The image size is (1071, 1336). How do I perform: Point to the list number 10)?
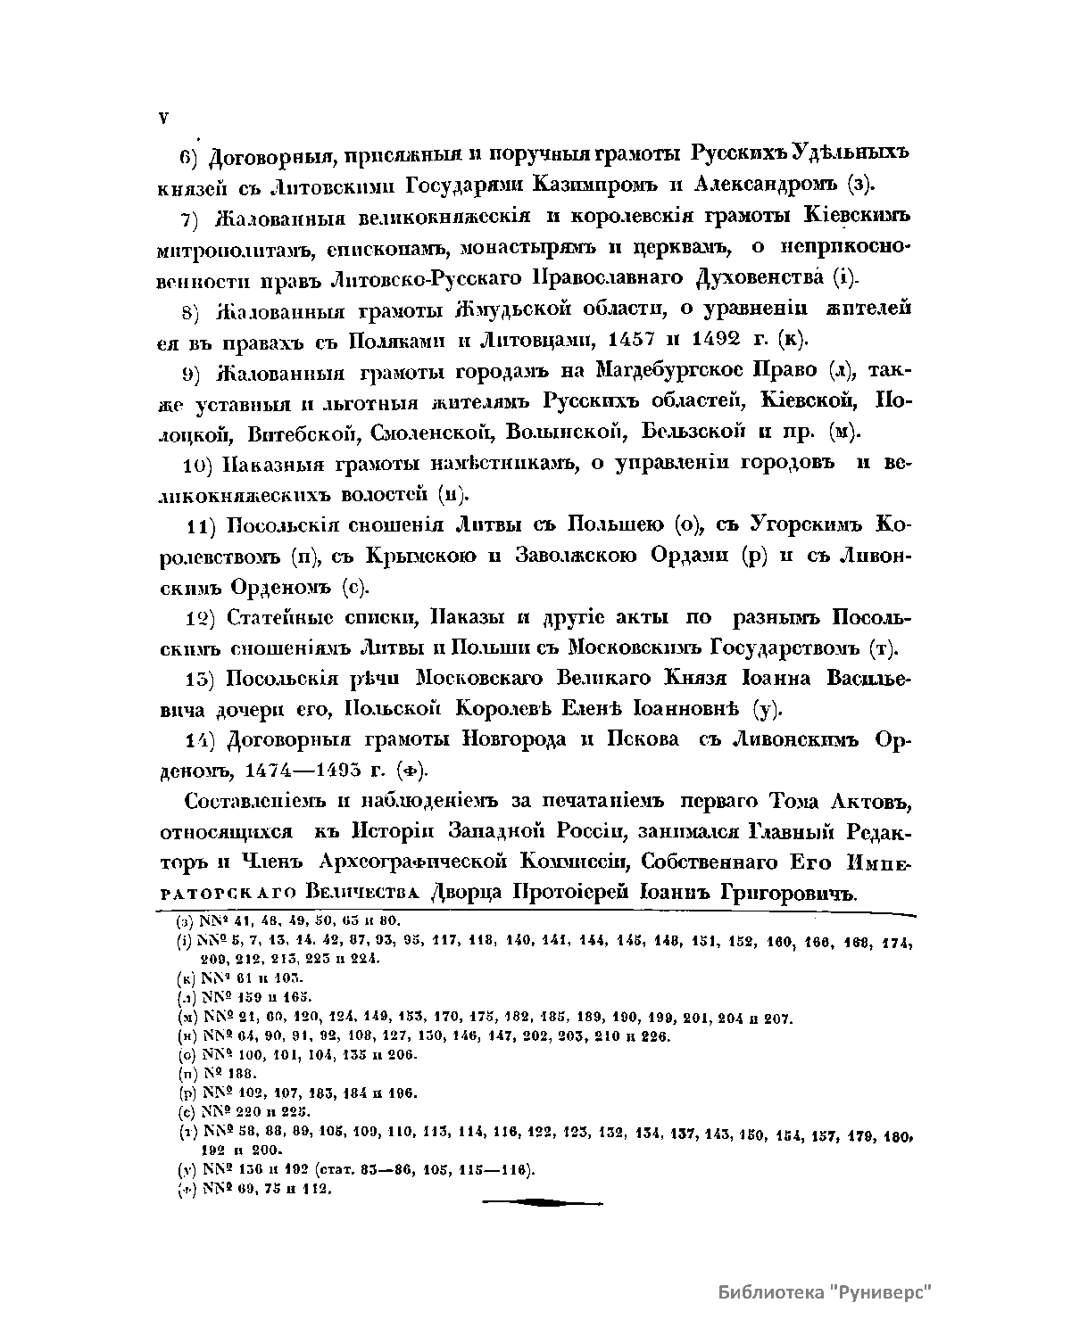click(x=196, y=465)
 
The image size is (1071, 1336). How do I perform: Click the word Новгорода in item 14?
click(x=511, y=740)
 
